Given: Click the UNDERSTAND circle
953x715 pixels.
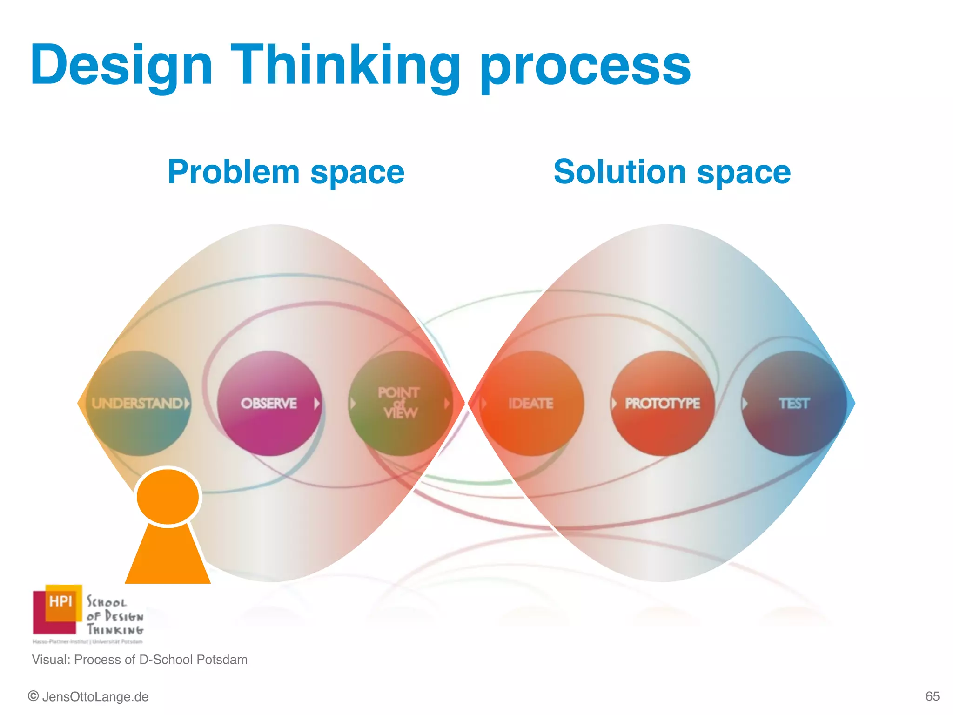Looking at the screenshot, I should pos(138,403).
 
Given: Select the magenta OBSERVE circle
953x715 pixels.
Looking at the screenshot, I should pos(269,403).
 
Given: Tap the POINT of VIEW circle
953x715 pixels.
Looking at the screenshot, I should pos(399,403).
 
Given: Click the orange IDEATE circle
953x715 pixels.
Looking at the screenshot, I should pos(531,403).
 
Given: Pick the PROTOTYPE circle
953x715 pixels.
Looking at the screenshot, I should pos(662,403).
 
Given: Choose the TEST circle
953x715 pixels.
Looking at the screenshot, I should pos(794,403).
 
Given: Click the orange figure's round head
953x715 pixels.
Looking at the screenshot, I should pos(168,496).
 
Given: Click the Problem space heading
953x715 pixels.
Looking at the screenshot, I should pos(286,172).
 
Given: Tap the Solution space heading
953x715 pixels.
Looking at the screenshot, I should pos(672,172).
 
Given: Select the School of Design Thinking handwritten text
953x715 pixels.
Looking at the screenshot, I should pos(114,616).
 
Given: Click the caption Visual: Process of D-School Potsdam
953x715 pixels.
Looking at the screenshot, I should pos(140,660).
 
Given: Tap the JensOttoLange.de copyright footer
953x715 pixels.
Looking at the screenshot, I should pos(88,697).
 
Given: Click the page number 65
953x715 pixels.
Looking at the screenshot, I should pos(932,696).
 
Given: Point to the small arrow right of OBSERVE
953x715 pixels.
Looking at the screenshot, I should pos(316,403).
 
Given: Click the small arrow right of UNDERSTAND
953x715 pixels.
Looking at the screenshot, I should pos(187,403).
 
